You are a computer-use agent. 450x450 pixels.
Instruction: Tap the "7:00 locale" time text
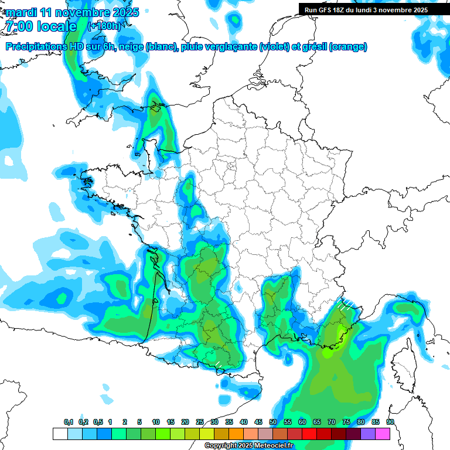[x=41, y=26]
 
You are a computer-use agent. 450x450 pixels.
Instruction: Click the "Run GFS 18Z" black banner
[x=366, y=9]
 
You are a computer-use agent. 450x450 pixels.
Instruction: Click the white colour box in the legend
[x=60, y=434]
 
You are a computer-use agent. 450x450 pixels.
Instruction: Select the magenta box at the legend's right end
[x=382, y=434]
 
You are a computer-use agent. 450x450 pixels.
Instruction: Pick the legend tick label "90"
[x=390, y=422]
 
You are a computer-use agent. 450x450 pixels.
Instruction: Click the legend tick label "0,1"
[x=69, y=422]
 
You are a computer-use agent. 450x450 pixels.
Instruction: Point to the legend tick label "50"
[x=273, y=422]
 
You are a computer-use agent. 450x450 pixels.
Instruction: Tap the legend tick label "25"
[x=200, y=422]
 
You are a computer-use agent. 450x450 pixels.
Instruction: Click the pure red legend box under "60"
[x=309, y=434]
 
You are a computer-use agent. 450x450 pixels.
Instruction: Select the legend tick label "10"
[x=156, y=422]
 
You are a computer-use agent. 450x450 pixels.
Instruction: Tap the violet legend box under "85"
[x=367, y=434]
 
